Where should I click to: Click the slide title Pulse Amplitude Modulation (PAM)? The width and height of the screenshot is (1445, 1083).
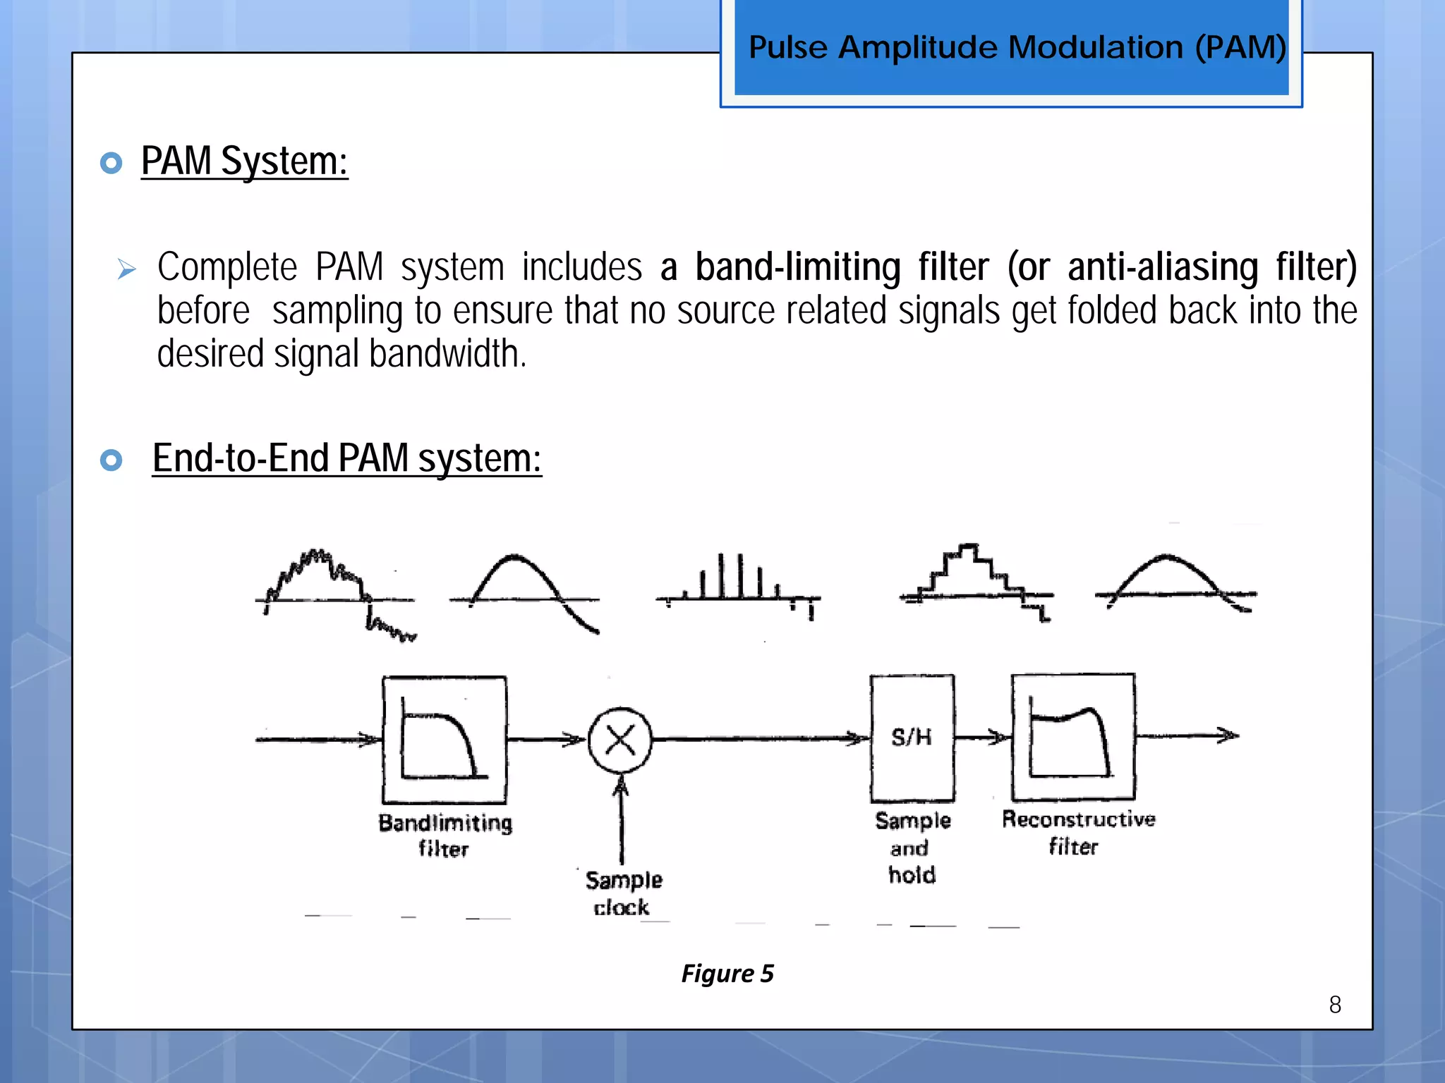[x=1017, y=47]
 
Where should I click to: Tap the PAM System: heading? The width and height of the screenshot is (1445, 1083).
[x=244, y=161]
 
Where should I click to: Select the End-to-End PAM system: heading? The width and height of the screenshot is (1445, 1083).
[x=346, y=458]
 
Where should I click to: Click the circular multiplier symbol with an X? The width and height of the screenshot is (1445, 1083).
[x=620, y=740]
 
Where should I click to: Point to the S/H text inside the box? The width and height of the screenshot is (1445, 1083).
[x=912, y=738]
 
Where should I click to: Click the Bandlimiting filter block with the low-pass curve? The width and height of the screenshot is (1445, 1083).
[x=445, y=740]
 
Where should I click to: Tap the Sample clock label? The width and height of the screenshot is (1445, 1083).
[x=623, y=893]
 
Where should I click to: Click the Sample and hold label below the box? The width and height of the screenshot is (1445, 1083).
[x=912, y=848]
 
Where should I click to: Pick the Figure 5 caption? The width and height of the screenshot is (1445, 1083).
[x=727, y=974]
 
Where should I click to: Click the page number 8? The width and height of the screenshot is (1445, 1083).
[x=1335, y=1005]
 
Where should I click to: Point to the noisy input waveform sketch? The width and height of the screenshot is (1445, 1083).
[x=335, y=592]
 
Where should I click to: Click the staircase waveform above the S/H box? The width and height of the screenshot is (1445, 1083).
[x=975, y=582]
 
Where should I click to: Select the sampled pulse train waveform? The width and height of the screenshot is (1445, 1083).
[x=738, y=585]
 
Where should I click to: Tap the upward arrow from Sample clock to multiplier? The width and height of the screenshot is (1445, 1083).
[x=622, y=818]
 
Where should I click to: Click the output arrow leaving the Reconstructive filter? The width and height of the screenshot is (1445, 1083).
[x=1189, y=736]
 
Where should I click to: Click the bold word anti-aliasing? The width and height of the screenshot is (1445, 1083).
[x=1162, y=267]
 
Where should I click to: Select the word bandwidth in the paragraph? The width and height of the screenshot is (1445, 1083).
[x=445, y=354]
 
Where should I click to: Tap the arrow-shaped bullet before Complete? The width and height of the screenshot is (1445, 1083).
[x=127, y=269]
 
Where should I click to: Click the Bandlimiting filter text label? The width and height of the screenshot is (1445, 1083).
[x=445, y=836]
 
